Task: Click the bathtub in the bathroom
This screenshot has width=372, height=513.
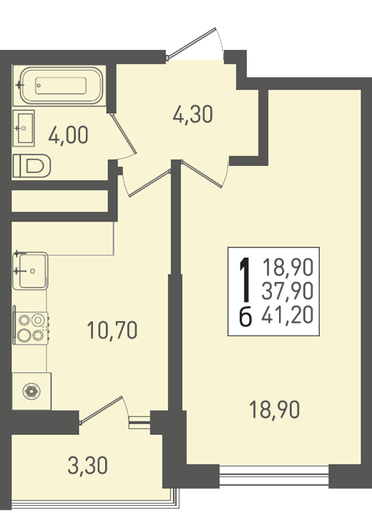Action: pyautogui.click(x=62, y=85)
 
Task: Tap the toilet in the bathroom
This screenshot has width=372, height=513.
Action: pyautogui.click(x=31, y=166)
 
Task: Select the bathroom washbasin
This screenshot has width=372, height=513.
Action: pyautogui.click(x=24, y=128)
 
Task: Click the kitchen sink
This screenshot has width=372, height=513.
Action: pyautogui.click(x=31, y=271)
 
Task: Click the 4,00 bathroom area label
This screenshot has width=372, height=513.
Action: pyautogui.click(x=68, y=135)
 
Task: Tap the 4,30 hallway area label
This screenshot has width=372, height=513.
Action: pyautogui.click(x=192, y=114)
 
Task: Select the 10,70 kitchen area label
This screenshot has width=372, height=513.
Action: pyautogui.click(x=112, y=330)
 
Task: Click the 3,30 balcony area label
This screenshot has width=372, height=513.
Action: pyautogui.click(x=87, y=466)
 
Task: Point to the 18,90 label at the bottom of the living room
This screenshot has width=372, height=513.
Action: pyautogui.click(x=274, y=410)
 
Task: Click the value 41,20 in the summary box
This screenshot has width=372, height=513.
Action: pyautogui.click(x=288, y=315)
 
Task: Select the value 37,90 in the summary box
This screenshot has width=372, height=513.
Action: pyautogui.click(x=288, y=291)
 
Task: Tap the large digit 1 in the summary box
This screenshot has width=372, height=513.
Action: pyautogui.click(x=245, y=279)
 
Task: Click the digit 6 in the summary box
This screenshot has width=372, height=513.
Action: pyautogui.click(x=245, y=317)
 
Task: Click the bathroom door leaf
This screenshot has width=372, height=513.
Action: pyautogui.click(x=123, y=134)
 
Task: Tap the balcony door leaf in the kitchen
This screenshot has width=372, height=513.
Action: pyautogui.click(x=102, y=410)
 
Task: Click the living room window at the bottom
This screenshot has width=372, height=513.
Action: pyautogui.click(x=274, y=476)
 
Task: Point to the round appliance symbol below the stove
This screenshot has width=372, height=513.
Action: pyautogui.click(x=31, y=391)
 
